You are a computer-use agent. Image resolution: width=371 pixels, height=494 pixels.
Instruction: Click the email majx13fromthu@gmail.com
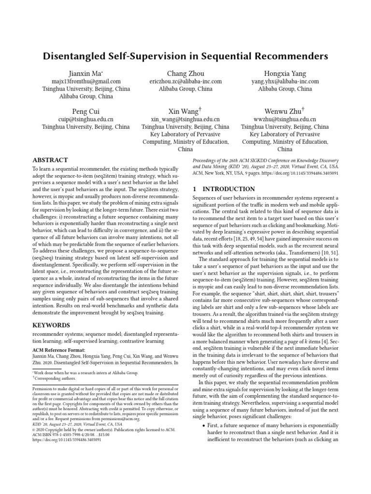[x=86, y=82]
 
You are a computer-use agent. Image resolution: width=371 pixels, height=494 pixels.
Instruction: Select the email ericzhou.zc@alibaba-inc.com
[x=185, y=82]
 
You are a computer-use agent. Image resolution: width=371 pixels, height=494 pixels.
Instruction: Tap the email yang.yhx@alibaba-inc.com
[x=285, y=82]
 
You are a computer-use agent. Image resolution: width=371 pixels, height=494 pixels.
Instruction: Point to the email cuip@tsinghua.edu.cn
[x=86, y=119]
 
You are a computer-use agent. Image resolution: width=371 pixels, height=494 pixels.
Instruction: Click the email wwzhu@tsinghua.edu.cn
[x=285, y=119]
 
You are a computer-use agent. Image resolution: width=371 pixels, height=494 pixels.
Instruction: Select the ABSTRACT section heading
[x=50, y=160]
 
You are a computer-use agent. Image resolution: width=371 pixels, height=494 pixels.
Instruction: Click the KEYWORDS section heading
[x=52, y=325]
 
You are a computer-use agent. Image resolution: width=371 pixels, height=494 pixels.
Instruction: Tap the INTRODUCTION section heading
[x=224, y=189]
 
